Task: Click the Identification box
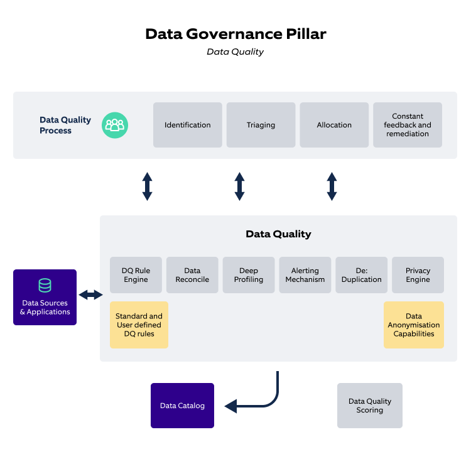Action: tap(188, 125)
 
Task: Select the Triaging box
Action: tap(261, 125)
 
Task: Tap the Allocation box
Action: tap(334, 125)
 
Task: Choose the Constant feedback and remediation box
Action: tap(408, 125)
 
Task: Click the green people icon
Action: tap(115, 125)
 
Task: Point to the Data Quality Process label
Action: tap(65, 125)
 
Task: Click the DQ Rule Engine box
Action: tap(136, 275)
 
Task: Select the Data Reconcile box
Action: tap(192, 275)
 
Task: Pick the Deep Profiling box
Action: tap(249, 275)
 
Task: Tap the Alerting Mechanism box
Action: tap(305, 275)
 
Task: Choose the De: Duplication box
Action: tap(361, 275)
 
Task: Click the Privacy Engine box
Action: tap(418, 275)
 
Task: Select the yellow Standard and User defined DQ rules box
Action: tap(139, 325)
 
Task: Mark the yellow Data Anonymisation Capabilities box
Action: tap(414, 325)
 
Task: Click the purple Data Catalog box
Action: tap(182, 406)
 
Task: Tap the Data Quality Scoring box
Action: tap(370, 406)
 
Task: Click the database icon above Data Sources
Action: tap(45, 286)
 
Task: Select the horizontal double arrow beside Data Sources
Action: tap(90, 294)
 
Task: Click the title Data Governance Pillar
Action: tap(235, 34)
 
